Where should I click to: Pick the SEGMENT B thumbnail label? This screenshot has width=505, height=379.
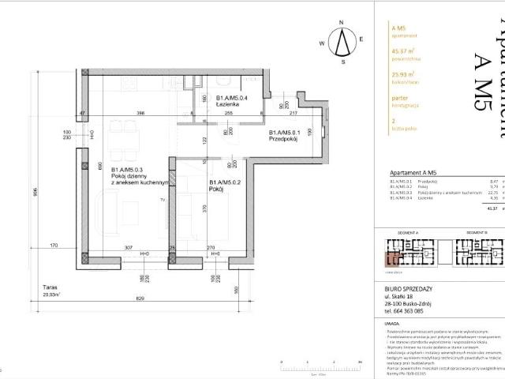coord(477,299)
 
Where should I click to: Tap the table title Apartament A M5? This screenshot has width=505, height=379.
coord(415,171)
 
